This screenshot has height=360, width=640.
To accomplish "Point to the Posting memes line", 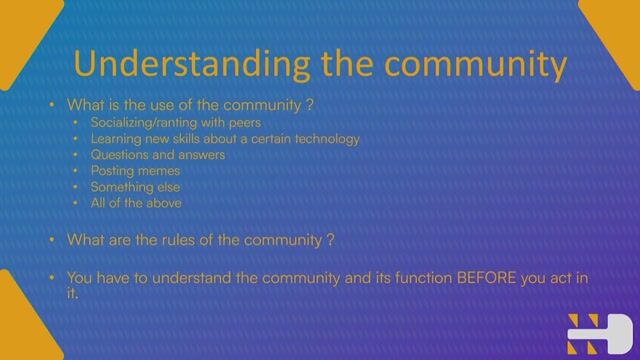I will [x=135, y=171].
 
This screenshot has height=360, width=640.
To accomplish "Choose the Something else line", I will [x=136, y=187].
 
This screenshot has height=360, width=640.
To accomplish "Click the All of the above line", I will [x=136, y=203].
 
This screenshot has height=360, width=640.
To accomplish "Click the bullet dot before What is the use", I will [x=52, y=104].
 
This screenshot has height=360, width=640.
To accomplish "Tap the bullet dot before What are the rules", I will [x=52, y=240].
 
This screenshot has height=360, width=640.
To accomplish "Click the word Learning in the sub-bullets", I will [x=117, y=138].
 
